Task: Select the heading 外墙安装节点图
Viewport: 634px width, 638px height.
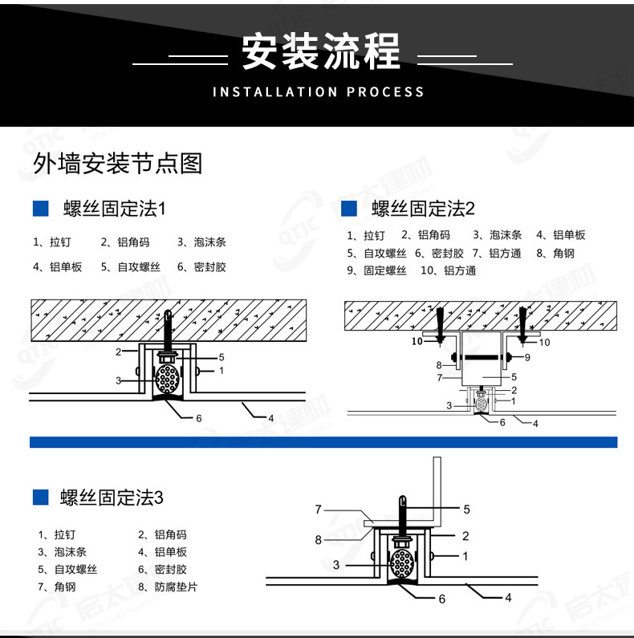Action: (x=117, y=164)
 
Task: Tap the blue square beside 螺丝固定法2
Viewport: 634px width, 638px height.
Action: (x=349, y=209)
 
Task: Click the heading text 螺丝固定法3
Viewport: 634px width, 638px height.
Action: (x=112, y=498)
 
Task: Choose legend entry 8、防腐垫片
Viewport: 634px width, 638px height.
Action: (x=168, y=587)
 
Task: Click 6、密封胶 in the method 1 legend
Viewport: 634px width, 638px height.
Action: (x=201, y=267)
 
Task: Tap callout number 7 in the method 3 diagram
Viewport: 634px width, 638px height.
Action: (x=318, y=509)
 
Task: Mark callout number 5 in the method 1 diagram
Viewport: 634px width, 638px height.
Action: (x=221, y=356)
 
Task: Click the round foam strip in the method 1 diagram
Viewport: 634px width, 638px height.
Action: (x=168, y=376)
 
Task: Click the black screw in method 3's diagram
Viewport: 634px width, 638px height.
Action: (x=402, y=514)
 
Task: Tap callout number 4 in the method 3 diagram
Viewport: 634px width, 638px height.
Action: (x=508, y=597)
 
